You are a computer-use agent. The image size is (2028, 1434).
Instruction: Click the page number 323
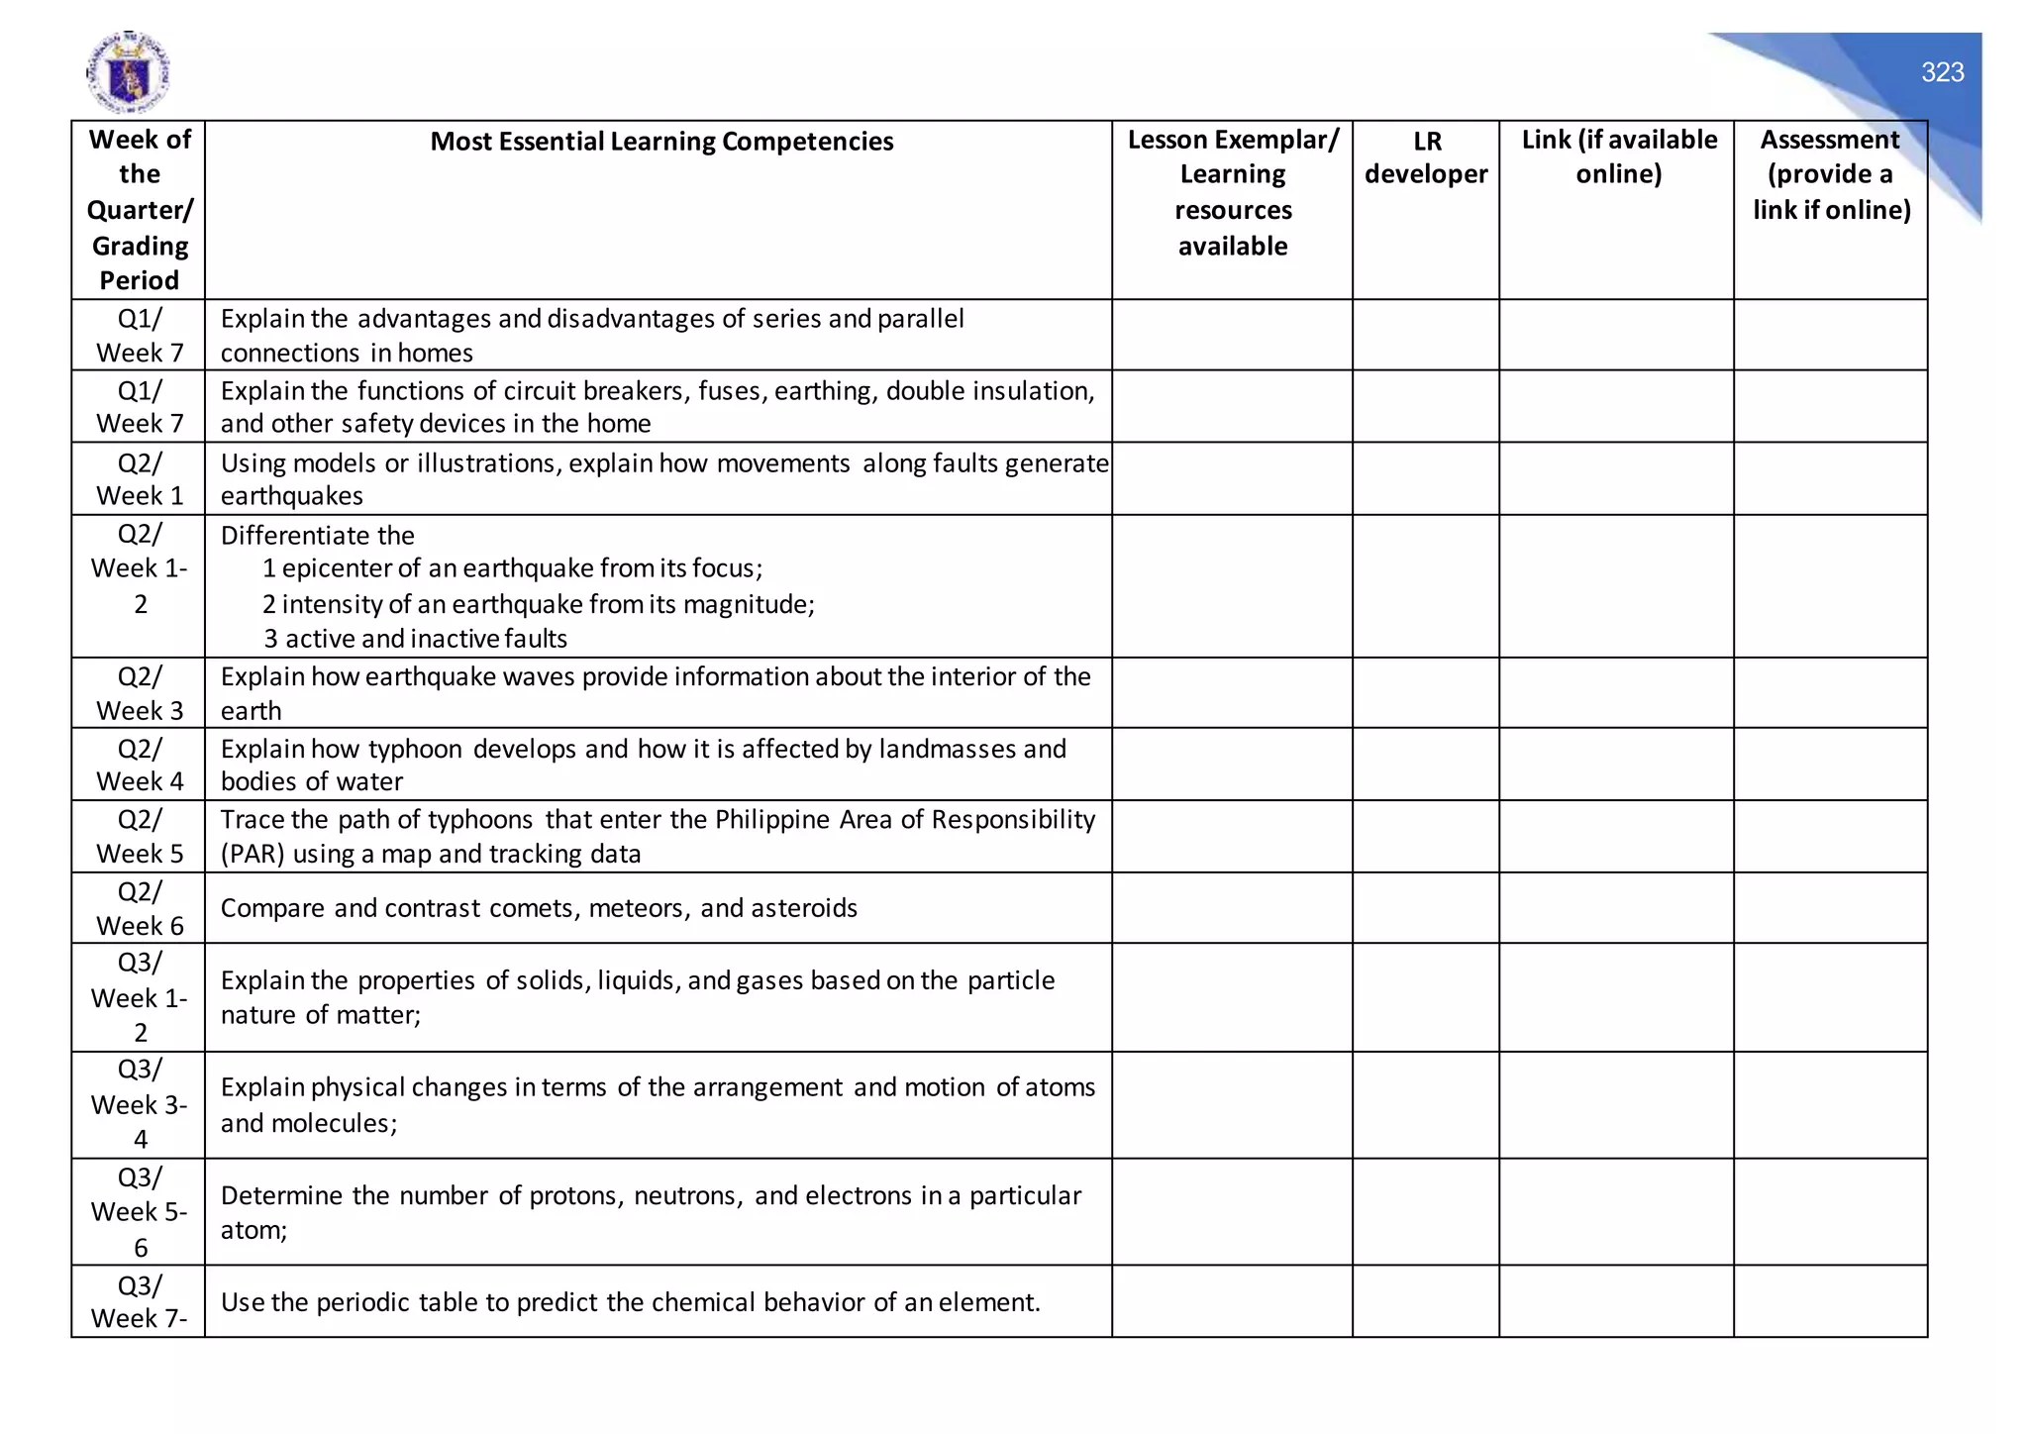1942,72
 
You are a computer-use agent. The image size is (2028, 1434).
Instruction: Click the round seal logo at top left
128,72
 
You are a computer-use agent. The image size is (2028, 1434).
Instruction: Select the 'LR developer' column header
1426,157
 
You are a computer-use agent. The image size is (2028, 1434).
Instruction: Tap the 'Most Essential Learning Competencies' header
661,142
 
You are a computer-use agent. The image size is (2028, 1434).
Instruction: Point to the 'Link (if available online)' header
1618,156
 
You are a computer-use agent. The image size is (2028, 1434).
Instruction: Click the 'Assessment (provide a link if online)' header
1831,174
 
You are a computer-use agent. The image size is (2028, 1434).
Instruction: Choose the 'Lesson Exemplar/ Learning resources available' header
1233,193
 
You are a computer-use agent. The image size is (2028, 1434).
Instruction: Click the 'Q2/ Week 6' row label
140,908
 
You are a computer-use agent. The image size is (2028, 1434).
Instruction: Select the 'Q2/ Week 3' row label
140,693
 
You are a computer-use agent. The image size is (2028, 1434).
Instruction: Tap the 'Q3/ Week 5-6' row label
140,1212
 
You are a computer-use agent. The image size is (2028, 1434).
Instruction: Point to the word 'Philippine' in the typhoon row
772,820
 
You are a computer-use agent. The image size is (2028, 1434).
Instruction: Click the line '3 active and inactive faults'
416,639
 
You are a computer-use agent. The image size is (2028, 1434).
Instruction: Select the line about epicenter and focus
512,568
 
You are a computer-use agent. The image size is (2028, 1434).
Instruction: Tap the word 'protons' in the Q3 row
575,1196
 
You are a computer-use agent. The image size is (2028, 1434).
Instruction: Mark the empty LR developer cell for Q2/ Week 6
1426,908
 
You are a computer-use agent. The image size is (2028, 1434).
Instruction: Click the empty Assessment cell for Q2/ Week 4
1831,765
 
